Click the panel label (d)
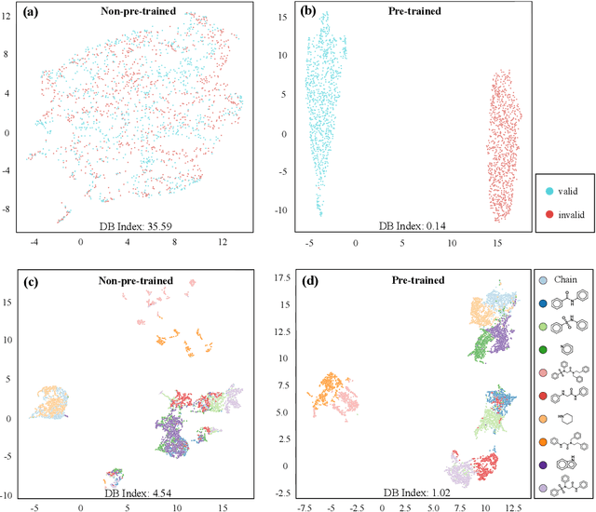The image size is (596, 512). (x=287, y=280)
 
